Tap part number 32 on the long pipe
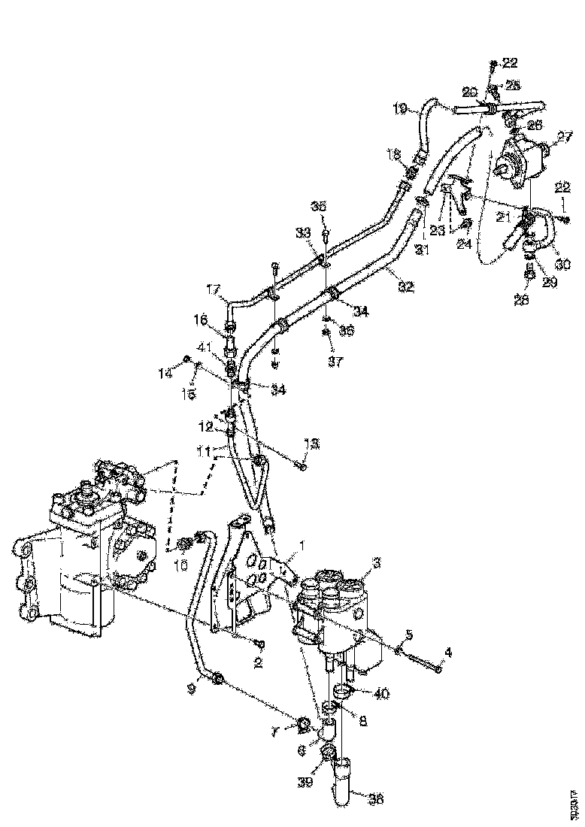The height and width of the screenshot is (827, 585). point(406,286)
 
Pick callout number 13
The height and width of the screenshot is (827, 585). point(310,444)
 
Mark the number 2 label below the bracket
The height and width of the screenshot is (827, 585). point(258,664)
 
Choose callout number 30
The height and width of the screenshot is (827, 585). point(562,265)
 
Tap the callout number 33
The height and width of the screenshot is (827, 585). point(303,233)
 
